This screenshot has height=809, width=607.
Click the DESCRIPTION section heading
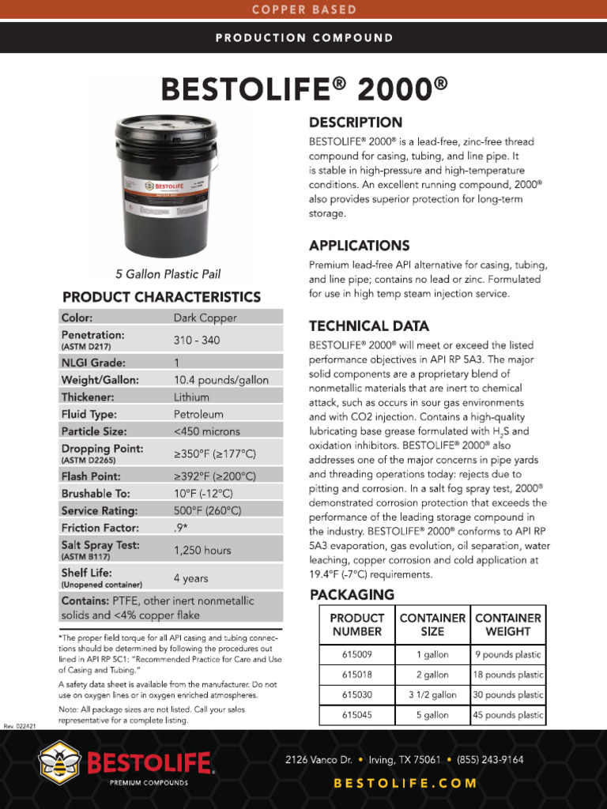point(355,122)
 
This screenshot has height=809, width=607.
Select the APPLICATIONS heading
point(359,245)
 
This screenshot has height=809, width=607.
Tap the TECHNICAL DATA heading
point(369,325)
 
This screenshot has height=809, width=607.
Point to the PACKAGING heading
point(352,594)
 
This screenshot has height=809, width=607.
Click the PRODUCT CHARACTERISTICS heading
point(161,297)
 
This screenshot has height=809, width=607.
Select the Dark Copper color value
point(205,318)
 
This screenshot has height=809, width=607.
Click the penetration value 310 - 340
point(197,340)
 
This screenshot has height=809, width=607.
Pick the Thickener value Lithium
point(191,397)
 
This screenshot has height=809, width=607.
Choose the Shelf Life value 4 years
point(190,578)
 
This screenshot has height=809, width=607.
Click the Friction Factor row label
point(100,527)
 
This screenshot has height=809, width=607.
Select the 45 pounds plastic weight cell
point(508,715)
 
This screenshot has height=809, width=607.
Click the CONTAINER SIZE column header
point(432,624)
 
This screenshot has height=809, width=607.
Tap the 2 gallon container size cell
point(432,675)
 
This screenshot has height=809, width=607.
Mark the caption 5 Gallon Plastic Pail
point(168,274)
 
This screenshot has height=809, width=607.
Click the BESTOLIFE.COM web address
point(405,784)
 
